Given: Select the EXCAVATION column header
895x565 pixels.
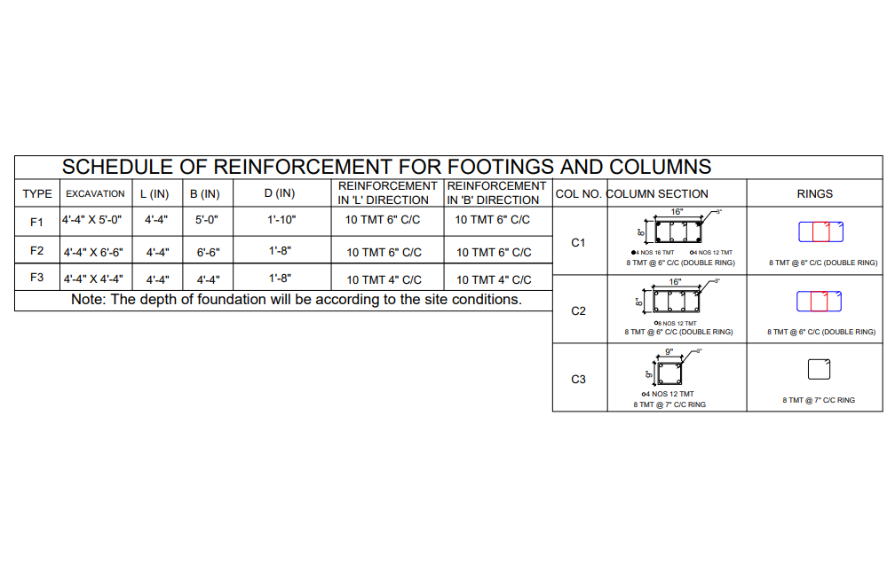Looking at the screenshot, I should click(x=95, y=193).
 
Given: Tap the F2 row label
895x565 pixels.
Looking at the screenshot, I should click(x=36, y=251).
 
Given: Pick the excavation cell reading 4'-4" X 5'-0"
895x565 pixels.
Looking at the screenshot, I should click(x=91, y=219).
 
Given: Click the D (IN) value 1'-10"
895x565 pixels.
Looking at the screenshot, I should click(x=281, y=219).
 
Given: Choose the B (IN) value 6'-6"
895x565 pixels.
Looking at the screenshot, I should click(x=208, y=252).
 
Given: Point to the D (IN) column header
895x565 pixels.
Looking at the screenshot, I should click(x=280, y=193).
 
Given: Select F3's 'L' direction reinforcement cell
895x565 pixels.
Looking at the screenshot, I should click(x=384, y=279).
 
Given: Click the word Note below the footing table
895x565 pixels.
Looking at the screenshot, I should click(x=89, y=300).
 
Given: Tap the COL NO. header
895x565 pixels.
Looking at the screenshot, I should click(x=578, y=193).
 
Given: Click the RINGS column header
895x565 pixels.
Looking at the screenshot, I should click(x=814, y=193).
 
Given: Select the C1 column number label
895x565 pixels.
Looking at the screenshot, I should click(x=578, y=241).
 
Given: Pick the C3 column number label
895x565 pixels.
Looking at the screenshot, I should click(x=578, y=379).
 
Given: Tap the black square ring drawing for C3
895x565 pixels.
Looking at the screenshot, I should click(x=819, y=369).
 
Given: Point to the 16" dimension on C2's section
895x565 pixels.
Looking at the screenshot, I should click(x=676, y=281).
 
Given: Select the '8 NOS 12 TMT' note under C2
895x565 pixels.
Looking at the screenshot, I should click(x=677, y=323).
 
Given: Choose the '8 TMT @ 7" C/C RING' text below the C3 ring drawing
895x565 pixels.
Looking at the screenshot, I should click(x=819, y=400).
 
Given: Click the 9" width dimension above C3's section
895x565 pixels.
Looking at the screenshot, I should click(x=669, y=351).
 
